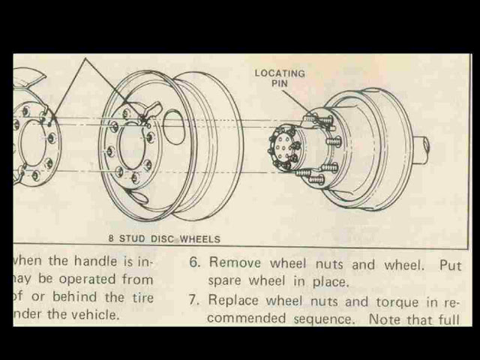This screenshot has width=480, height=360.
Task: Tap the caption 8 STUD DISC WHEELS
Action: pos(164,239)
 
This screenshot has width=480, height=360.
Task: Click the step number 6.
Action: pos(193,264)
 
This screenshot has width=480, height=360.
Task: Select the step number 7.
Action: pos(193,301)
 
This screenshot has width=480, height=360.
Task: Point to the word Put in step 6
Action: pos(450,264)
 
